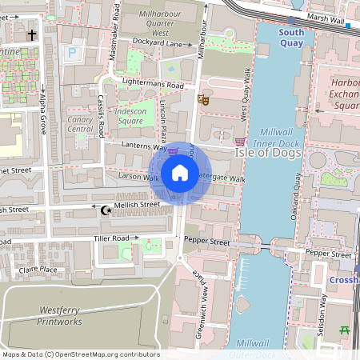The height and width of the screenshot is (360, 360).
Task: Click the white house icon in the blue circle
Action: pyautogui.click(x=180, y=173)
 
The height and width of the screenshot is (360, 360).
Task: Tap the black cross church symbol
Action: pyautogui.click(x=32, y=35)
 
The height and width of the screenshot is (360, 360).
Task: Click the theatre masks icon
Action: pyautogui.click(x=203, y=101)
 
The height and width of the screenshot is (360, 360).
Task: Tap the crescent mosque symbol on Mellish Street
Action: pyautogui.click(x=106, y=210)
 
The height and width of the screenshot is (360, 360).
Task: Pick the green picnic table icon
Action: pyautogui.click(x=346, y=330)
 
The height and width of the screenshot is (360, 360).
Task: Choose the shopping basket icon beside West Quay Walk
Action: pyautogui.click(x=238, y=141)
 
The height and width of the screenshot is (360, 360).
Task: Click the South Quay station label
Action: pyautogui.click(x=291, y=38)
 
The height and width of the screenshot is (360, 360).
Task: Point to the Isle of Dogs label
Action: pyautogui.click(x=268, y=153)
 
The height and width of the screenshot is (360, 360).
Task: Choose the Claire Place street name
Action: pyautogui.click(x=38, y=270)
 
